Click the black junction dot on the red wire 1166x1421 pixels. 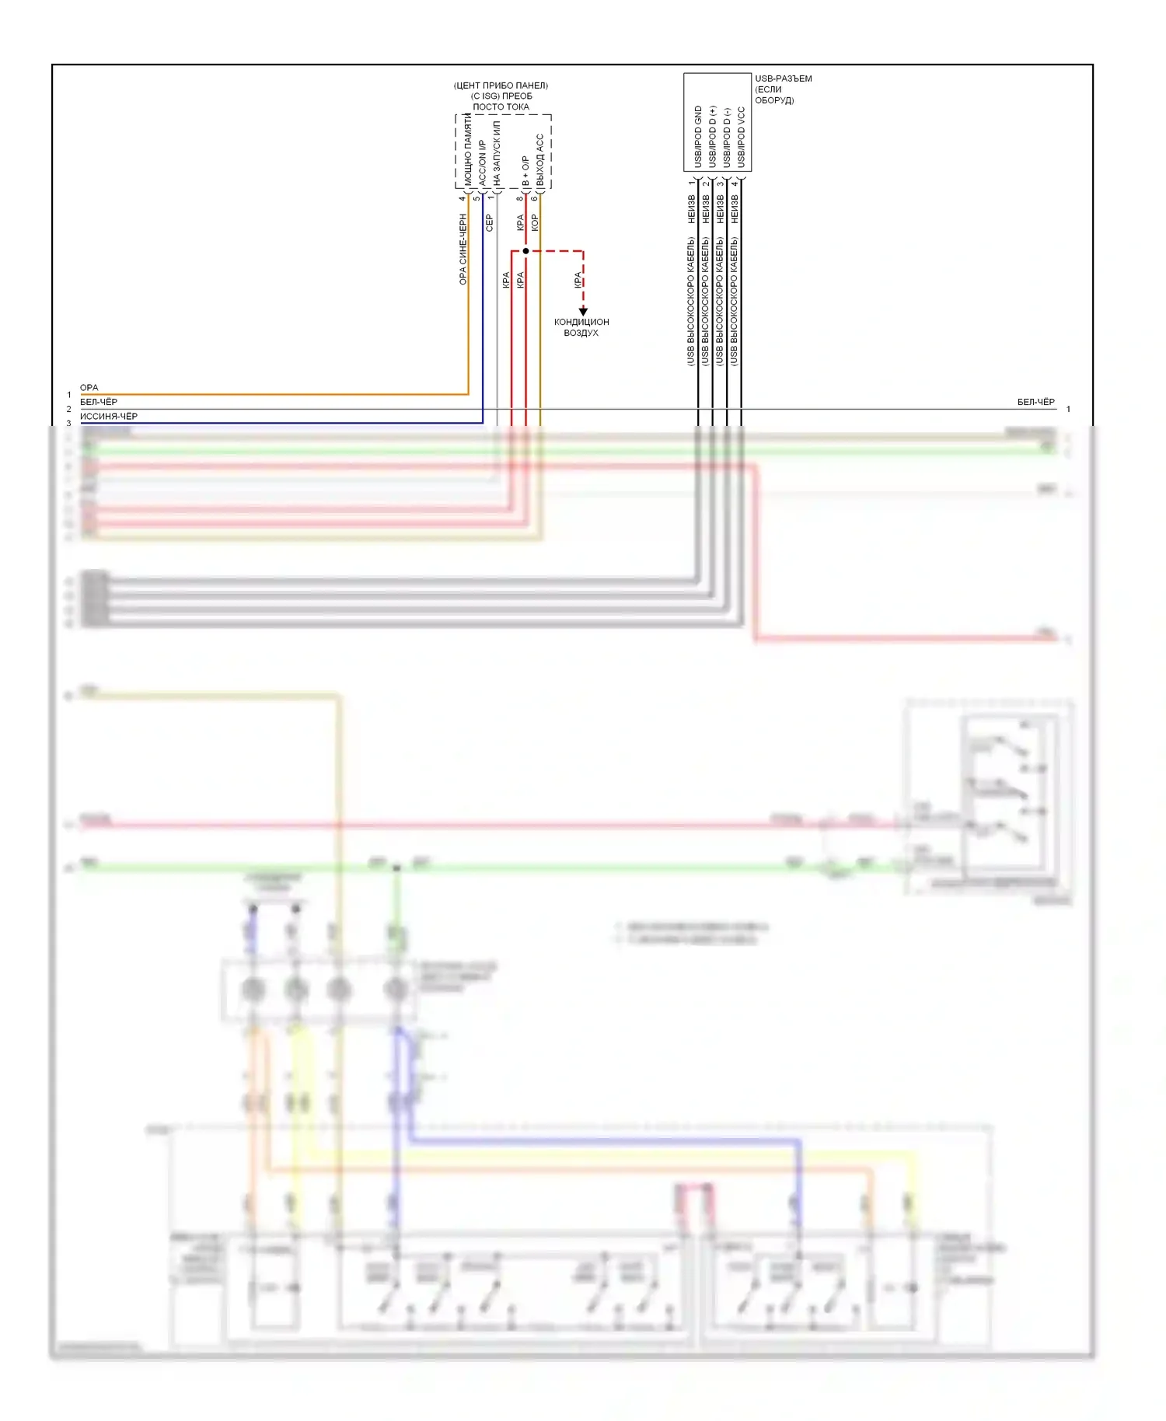pyautogui.click(x=526, y=251)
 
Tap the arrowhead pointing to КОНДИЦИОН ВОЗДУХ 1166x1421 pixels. pyautogui.click(x=583, y=311)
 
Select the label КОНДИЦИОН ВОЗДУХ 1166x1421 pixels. pyautogui.click(x=581, y=327)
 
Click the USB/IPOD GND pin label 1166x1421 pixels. pyautogui.click(x=698, y=137)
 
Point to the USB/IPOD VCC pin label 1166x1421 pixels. pyautogui.click(x=741, y=137)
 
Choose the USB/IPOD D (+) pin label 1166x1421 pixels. pyautogui.click(x=712, y=137)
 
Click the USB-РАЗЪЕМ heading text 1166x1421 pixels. pyautogui.click(x=783, y=79)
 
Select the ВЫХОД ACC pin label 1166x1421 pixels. pyautogui.click(x=540, y=159)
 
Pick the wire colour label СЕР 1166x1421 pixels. pyautogui.click(x=490, y=223)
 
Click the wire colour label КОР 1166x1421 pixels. pyautogui.click(x=534, y=223)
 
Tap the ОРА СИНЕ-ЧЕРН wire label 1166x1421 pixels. pyautogui.click(x=463, y=250)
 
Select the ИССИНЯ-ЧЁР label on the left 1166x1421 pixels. pyautogui.click(x=109, y=417)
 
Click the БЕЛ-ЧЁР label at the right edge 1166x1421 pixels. pyautogui.click(x=1036, y=402)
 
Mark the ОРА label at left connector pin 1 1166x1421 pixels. pyautogui.click(x=89, y=388)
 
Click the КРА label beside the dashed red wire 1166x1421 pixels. pyautogui.click(x=578, y=280)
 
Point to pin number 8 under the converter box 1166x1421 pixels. pyautogui.click(x=519, y=198)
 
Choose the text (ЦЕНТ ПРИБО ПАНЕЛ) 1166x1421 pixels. pyautogui.click(x=501, y=86)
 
